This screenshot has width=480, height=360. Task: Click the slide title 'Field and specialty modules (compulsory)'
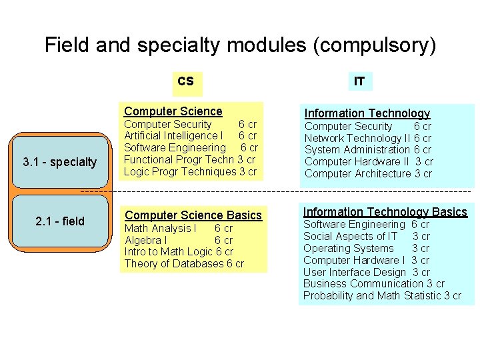pos(240,45)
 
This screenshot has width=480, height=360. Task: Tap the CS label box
pos(186,81)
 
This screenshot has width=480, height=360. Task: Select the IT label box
pos(359,82)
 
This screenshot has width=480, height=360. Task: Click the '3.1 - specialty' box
pos(59,162)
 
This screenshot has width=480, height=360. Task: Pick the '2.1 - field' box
pos(59,221)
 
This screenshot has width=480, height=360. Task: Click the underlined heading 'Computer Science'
pos(173,111)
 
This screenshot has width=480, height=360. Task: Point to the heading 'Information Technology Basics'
pos(385,212)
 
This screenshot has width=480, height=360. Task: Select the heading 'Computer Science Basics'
pos(193,215)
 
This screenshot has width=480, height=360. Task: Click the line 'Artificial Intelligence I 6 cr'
pos(191,136)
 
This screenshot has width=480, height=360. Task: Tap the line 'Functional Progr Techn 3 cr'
pos(190,159)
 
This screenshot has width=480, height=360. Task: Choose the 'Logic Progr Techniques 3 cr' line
pos(190,171)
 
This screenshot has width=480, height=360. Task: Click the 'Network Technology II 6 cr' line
pos(368,138)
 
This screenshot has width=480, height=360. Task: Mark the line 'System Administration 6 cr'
pos(368,150)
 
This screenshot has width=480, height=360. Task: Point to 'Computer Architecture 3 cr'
pos(368,174)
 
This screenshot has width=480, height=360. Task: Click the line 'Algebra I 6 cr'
pos(179,240)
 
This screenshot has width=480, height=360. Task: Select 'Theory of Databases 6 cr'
pos(185,264)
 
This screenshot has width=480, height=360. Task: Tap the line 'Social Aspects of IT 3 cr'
pos(367,236)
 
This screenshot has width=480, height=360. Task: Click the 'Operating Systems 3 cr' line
pos(367,248)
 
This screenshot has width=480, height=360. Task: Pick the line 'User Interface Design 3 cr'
pos(367,272)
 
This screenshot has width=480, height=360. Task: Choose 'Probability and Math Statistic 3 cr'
pos(382,296)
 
